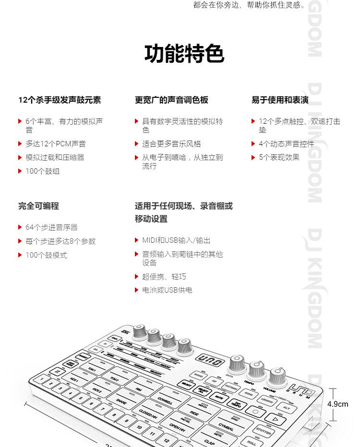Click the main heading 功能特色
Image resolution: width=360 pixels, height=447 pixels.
point(184,54)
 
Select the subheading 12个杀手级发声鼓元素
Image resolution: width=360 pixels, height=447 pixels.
point(60,100)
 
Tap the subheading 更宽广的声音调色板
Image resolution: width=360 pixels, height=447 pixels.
point(171,100)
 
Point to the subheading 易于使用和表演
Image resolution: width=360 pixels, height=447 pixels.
point(280,100)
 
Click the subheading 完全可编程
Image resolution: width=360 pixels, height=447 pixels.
point(38,206)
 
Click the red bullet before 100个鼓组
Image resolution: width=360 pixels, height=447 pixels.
point(20,171)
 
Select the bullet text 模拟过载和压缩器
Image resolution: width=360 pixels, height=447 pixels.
point(55,157)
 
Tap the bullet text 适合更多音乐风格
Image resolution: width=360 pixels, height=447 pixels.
point(171,144)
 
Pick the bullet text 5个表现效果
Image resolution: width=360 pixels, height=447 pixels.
point(279,157)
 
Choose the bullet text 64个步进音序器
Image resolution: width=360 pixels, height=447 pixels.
point(51,227)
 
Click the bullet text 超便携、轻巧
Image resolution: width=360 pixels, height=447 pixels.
point(164,277)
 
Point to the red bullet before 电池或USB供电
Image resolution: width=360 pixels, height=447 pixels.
point(137,290)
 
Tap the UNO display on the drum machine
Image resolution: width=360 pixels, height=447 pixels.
point(210,360)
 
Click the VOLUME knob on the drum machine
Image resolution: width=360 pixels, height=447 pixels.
point(277,376)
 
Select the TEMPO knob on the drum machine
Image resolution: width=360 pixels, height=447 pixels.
point(257,369)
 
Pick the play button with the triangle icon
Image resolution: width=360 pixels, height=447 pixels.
point(275,418)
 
